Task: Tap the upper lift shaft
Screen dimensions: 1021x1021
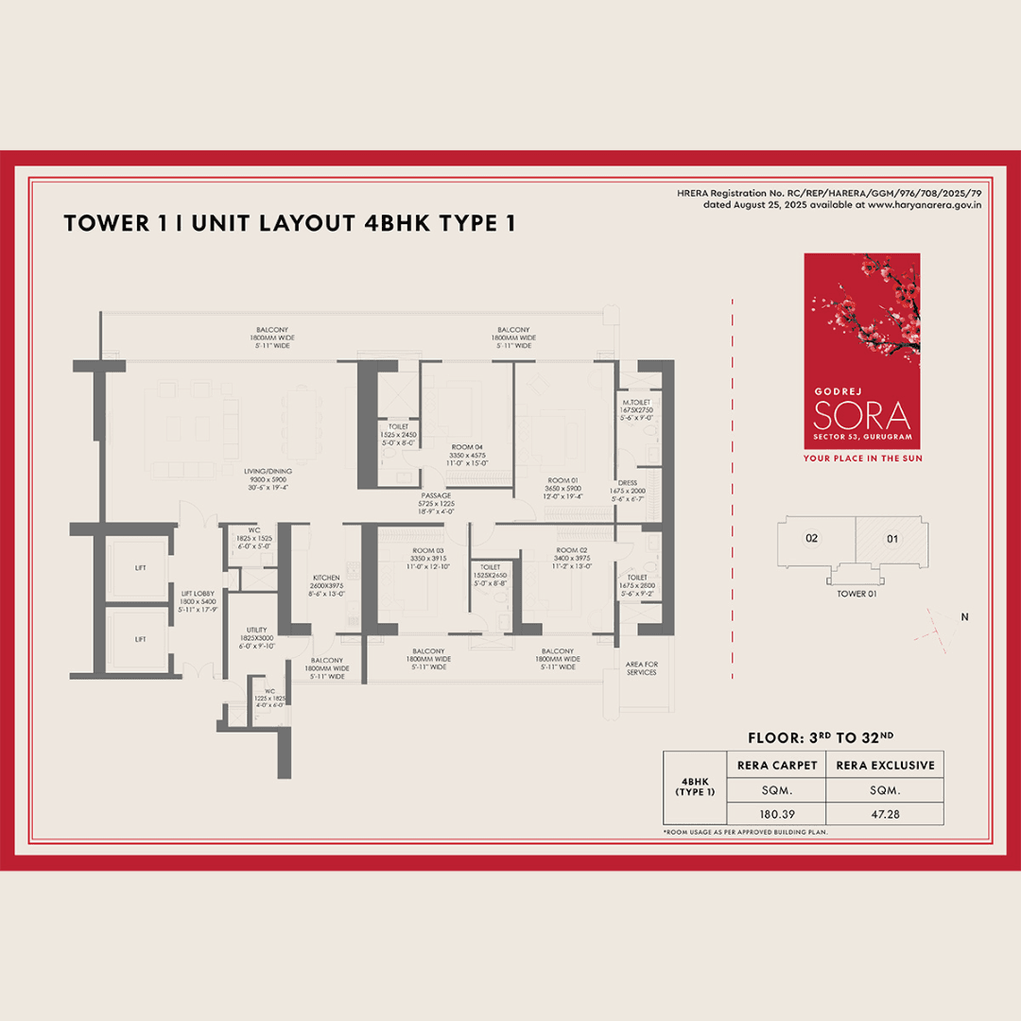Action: point(140,568)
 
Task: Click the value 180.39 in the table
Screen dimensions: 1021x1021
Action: point(775,813)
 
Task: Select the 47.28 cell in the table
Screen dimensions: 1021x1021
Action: point(884,813)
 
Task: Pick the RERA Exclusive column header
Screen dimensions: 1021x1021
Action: point(884,765)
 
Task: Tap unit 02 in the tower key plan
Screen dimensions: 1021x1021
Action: point(811,539)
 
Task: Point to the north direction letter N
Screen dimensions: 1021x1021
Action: point(964,617)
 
